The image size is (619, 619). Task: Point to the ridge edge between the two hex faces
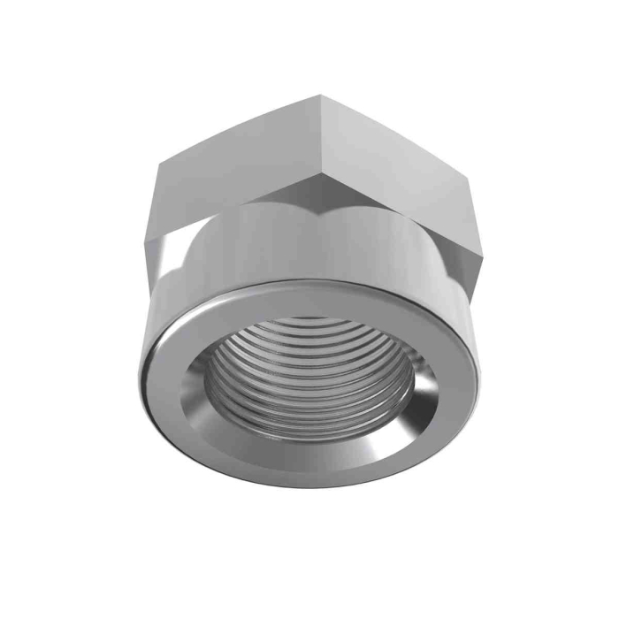314,141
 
